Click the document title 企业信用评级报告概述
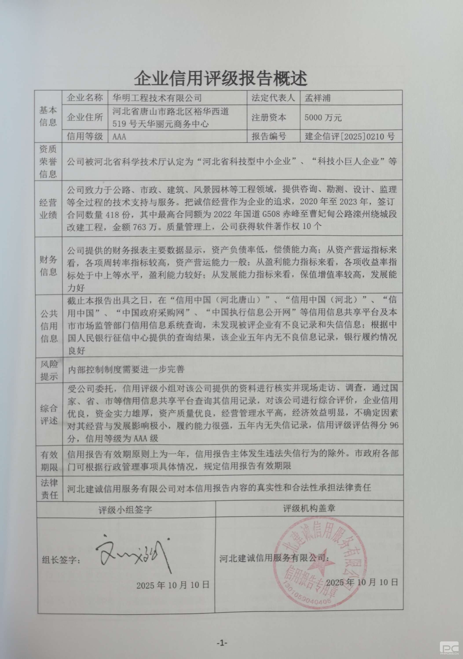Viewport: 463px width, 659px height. (221, 78)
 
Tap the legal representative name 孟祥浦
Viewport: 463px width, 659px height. (317, 98)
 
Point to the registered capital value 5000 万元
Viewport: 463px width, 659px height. (323, 117)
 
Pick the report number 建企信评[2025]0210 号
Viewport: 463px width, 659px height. (350, 136)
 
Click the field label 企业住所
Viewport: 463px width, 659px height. (84, 117)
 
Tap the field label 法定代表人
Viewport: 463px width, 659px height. (273, 98)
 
